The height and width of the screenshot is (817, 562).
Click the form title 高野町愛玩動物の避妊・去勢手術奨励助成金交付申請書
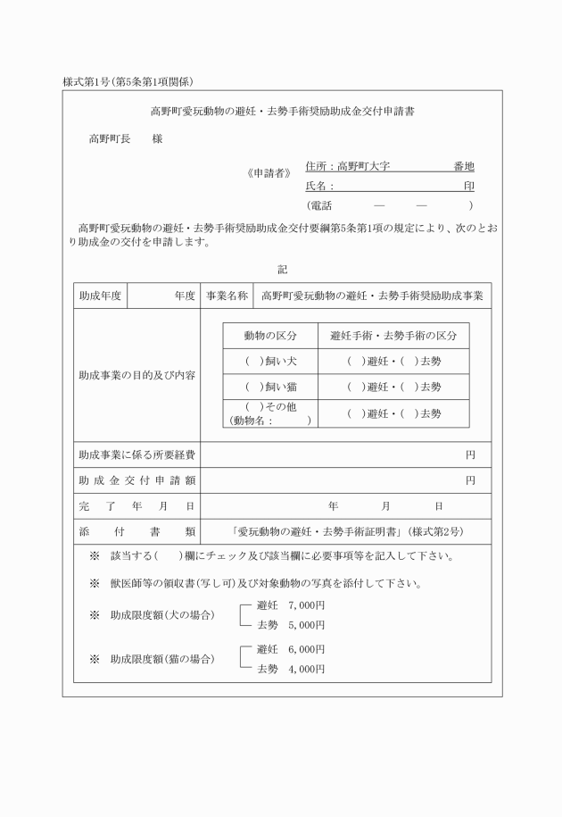coord(281,113)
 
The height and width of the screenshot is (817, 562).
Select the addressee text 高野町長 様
coord(125,139)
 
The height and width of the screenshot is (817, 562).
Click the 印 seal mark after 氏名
coord(468,187)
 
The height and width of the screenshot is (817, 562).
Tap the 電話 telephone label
coord(319,205)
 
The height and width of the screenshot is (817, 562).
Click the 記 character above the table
coord(282,269)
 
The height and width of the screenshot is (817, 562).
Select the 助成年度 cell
coord(101,296)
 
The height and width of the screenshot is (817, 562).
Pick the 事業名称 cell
coord(227,296)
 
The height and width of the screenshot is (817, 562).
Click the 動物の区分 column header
coord(269,336)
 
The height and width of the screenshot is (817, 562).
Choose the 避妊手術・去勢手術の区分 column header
coord(393,336)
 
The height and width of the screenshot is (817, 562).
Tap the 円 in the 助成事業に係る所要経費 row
coord(470,455)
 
